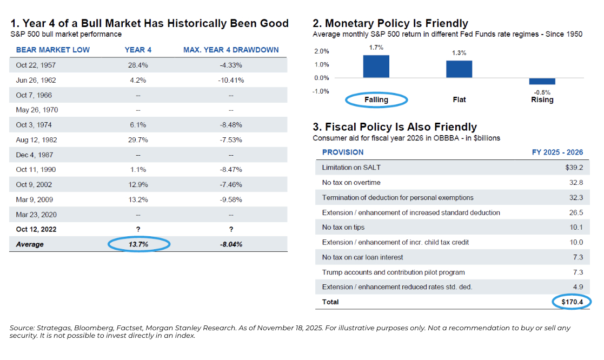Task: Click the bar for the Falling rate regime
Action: click(376, 66)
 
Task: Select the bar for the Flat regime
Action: click(459, 69)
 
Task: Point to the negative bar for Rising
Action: click(542, 81)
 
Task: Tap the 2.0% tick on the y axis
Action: click(321, 51)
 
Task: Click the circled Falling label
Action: click(376, 99)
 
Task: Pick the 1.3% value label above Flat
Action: click(459, 53)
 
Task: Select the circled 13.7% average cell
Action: click(138, 244)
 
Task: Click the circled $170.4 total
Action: click(572, 302)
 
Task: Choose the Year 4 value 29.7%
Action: click(138, 139)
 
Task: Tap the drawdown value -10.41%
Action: click(231, 80)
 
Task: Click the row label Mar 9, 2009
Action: click(36, 199)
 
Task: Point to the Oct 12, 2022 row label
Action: click(36, 229)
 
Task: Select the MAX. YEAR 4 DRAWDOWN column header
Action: click(231, 50)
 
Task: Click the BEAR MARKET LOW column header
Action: click(53, 50)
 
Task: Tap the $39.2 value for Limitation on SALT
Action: click(574, 168)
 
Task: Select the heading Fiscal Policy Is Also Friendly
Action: click(395, 127)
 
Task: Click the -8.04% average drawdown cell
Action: click(231, 244)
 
